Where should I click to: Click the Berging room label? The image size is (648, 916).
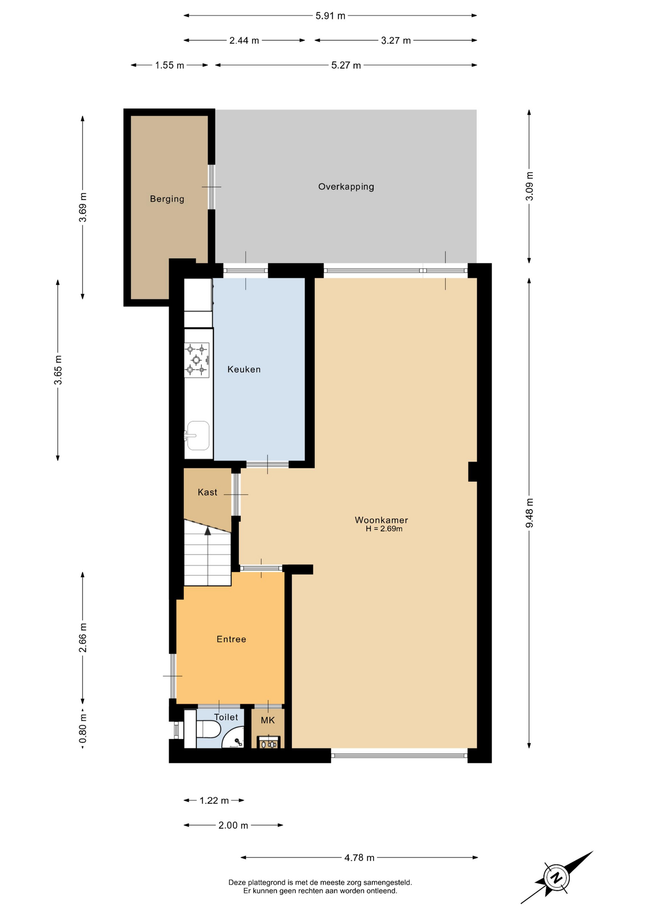tap(167, 199)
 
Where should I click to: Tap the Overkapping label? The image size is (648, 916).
tap(346, 187)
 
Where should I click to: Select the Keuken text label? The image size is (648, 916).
tap(244, 369)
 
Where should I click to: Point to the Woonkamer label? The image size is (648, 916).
tap(381, 520)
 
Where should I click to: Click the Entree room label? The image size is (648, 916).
tap(231, 639)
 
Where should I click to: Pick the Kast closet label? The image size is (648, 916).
tap(208, 492)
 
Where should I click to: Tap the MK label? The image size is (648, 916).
tap(268, 720)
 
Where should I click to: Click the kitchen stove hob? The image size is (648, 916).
tap(197, 360)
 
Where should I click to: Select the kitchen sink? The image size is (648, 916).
tap(198, 435)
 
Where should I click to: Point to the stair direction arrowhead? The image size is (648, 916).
tap(208, 531)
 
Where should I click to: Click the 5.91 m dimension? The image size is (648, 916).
tap(330, 16)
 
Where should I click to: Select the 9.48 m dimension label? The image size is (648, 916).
tap(529, 513)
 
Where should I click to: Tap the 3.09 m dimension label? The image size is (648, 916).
tap(529, 186)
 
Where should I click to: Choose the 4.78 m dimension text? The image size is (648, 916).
tap(359, 858)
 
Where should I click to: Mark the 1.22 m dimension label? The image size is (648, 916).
tap(214, 801)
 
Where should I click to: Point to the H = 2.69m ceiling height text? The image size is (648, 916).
tap(384, 529)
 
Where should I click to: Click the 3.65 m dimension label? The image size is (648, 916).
tap(58, 370)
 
